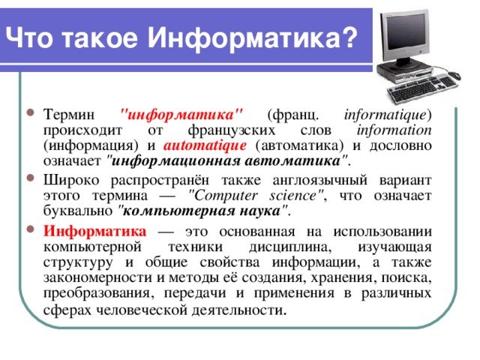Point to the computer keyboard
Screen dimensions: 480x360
pyautogui.click(x=422, y=88)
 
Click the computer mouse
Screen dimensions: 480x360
pyautogui.click(x=454, y=75)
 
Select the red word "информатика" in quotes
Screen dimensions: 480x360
pyautogui.click(x=181, y=115)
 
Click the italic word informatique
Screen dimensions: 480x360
pyautogui.click(x=385, y=115)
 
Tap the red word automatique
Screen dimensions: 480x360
pyautogui.click(x=205, y=145)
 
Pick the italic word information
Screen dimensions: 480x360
pyautogui.click(x=394, y=130)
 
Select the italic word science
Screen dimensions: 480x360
pyautogui.click(x=293, y=196)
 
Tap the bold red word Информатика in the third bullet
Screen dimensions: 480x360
pyautogui.click(x=95, y=231)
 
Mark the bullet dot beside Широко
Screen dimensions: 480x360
pyautogui.click(x=31, y=178)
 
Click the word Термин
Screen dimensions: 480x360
pyautogui.click(x=69, y=115)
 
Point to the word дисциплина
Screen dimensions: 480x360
pyautogui.click(x=290, y=247)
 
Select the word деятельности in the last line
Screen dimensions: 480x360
pyautogui.click(x=239, y=310)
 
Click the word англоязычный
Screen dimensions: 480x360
pyautogui.click(x=320, y=180)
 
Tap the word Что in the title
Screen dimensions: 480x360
pyautogui.click(x=29, y=38)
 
